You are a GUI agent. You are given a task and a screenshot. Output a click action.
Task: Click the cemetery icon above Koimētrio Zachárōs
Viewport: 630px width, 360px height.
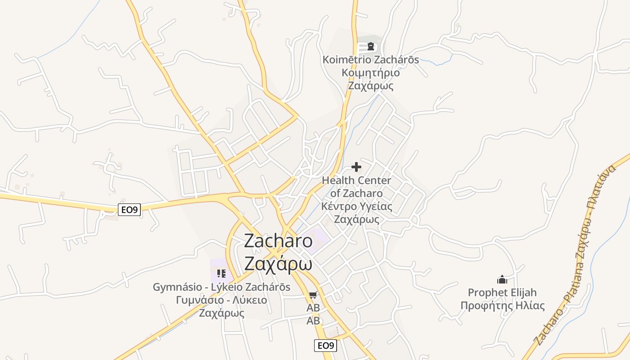(370, 46)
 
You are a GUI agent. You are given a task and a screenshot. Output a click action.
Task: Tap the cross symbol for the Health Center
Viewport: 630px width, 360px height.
(356, 167)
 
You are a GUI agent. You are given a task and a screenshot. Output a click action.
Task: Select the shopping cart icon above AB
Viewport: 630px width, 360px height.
(313, 295)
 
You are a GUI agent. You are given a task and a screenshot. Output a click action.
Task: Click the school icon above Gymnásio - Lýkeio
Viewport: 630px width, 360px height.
(221, 273)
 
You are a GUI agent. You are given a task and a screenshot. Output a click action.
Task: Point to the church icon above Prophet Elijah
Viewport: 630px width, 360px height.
(502, 279)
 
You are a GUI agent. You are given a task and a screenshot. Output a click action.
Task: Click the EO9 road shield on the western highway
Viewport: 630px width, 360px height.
(130, 209)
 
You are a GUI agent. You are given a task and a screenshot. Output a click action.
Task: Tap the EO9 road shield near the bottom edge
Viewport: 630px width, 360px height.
(325, 346)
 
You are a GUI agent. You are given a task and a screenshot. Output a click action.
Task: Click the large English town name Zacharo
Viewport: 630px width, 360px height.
(278, 241)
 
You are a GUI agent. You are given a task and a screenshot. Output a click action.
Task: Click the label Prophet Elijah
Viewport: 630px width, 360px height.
(502, 293)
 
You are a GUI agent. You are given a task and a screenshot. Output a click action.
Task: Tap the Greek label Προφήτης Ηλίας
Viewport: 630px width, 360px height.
(502, 306)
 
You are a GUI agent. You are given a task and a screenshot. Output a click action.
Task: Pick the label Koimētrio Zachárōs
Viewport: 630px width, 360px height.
(370, 60)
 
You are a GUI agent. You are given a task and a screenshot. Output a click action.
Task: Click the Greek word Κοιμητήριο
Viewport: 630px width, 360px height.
(370, 73)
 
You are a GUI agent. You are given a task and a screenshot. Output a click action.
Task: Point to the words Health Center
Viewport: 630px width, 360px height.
(356, 180)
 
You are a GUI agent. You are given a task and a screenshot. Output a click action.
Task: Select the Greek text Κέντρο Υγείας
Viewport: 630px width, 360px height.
(356, 207)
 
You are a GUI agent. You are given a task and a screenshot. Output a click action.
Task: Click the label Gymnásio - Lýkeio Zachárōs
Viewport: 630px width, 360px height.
(221, 287)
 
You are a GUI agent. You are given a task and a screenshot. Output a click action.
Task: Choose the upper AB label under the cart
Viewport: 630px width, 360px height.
(313, 308)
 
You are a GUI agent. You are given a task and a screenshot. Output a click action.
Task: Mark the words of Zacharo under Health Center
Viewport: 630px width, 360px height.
(356, 193)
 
